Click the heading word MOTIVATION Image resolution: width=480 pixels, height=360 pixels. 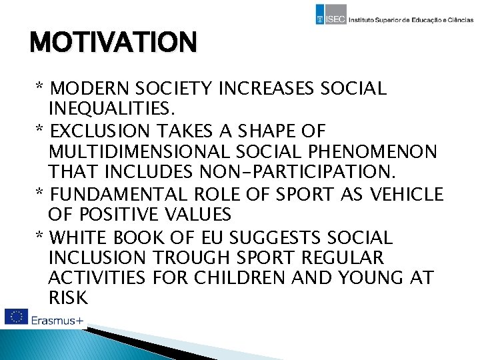[113, 43]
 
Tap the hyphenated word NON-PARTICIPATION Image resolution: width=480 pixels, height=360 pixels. [297, 173]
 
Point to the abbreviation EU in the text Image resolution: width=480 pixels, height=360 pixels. [214, 237]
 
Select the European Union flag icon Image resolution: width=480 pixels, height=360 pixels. [15, 318]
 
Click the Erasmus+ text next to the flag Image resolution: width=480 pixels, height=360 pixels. [57, 321]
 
